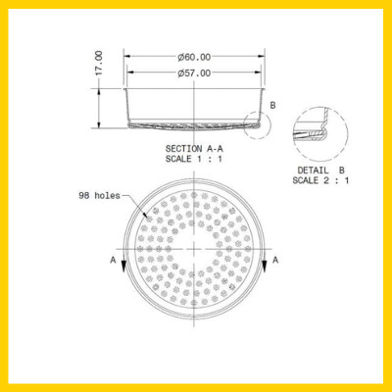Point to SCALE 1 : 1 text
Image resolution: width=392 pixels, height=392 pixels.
[197, 159]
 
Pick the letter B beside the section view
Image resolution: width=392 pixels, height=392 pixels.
[273, 105]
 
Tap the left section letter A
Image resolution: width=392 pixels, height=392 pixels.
[115, 260]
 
